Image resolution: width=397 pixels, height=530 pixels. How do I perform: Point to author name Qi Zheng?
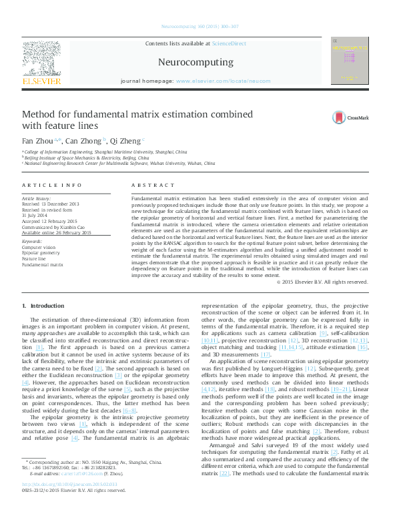[124, 141]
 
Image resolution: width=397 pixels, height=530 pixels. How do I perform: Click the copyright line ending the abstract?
[322, 282]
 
